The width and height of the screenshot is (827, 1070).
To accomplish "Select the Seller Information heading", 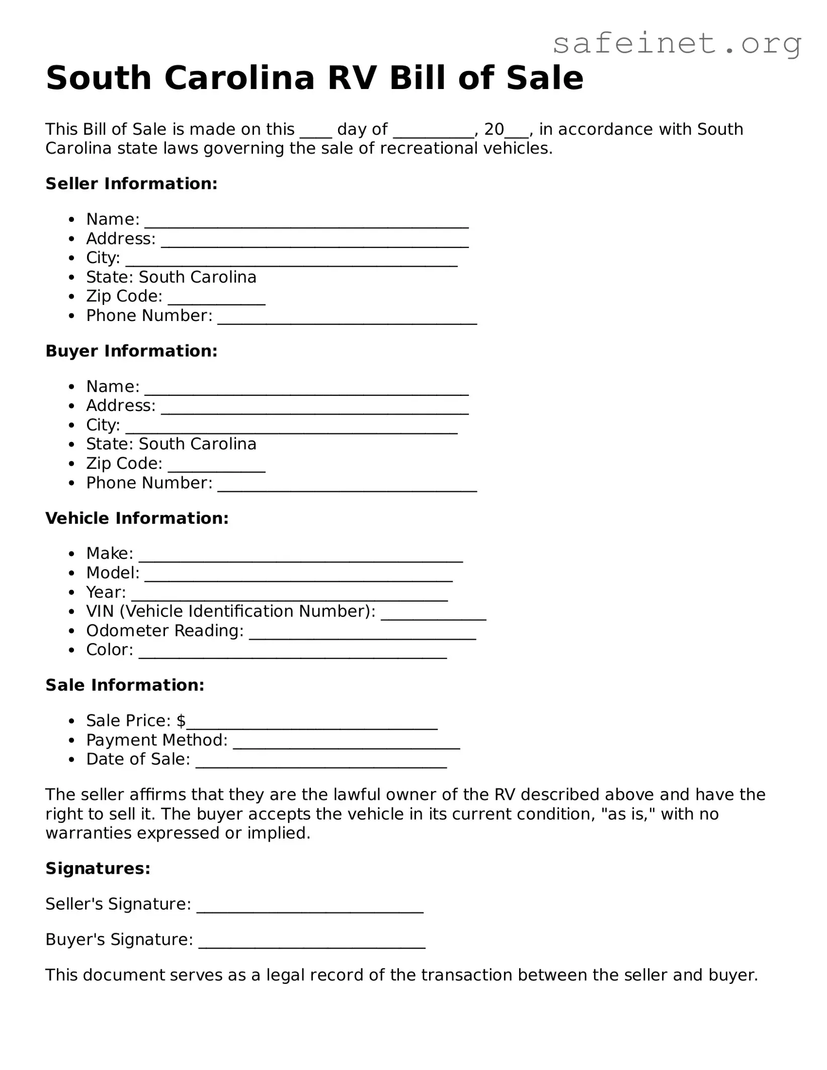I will coord(131,184).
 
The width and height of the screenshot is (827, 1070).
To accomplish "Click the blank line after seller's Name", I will coord(306,221).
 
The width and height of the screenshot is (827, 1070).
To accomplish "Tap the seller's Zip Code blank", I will coord(216,298).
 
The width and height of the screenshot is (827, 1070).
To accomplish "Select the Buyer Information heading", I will coord(131,351).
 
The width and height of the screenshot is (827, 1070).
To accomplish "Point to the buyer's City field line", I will coord(291,427).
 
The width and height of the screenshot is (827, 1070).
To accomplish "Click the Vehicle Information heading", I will coord(137,518).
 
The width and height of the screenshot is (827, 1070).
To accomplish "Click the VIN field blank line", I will coord(433,613).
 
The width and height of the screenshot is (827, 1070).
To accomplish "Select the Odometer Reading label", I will coord(165,630).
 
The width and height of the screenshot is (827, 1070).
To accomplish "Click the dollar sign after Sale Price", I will coord(181,721).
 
